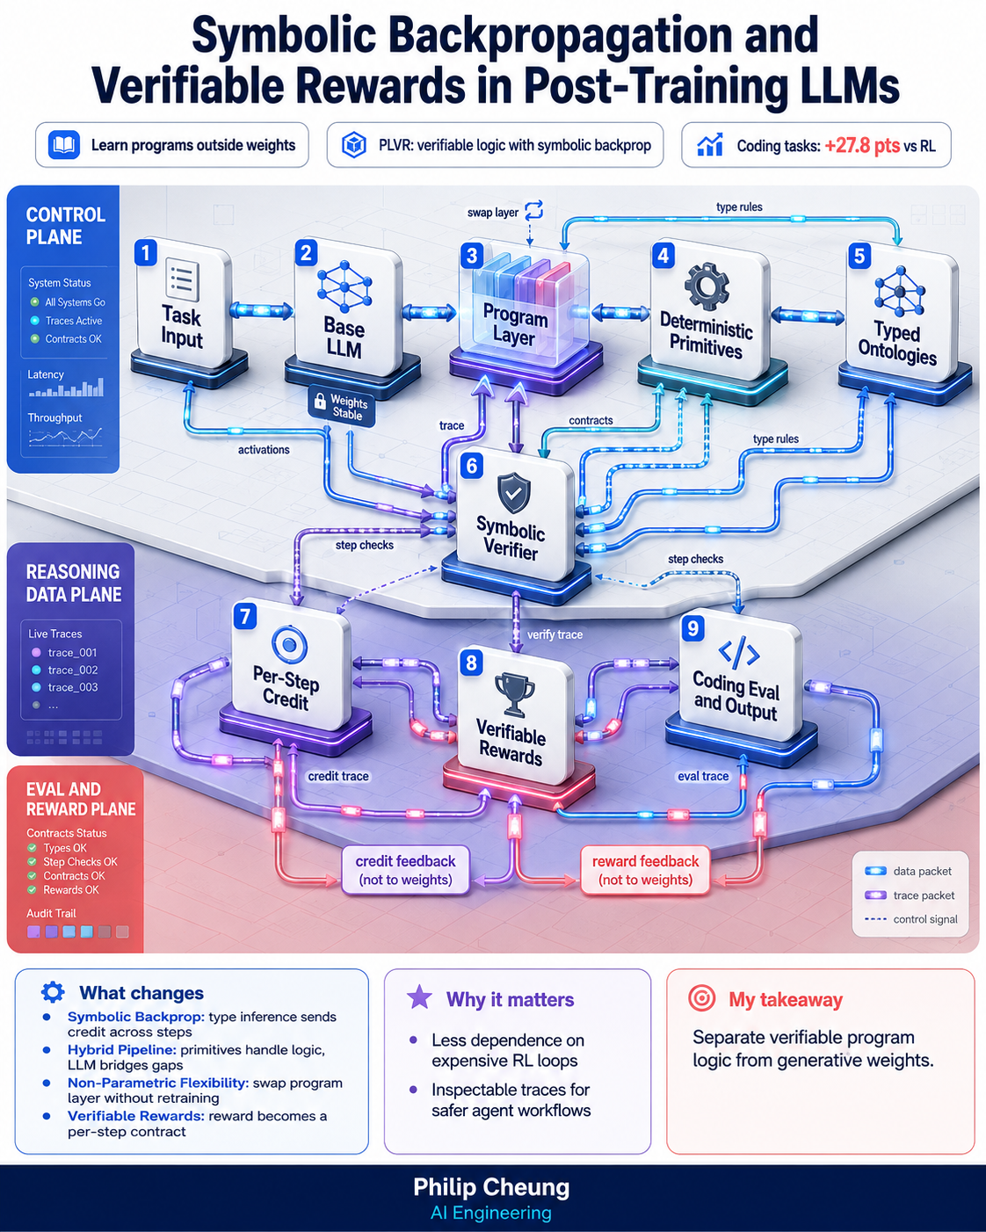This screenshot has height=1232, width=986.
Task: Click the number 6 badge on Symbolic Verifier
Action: tap(472, 466)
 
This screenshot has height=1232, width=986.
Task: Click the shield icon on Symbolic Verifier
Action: tap(514, 493)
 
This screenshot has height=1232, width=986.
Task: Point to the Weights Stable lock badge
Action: tap(342, 405)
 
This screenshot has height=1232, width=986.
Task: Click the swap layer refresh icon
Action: tap(533, 210)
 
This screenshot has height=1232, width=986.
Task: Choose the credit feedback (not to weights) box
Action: tap(405, 870)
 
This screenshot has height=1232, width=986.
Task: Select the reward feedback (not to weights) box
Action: tap(645, 870)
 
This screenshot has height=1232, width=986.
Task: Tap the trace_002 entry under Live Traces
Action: tap(66, 670)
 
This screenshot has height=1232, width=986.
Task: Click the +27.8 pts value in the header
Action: tap(862, 145)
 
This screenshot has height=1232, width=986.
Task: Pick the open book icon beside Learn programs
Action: tap(64, 145)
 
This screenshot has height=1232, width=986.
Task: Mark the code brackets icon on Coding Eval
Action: tap(739, 653)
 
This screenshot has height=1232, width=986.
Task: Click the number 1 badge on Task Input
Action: tap(145, 252)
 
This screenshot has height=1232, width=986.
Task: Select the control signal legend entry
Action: tap(911, 919)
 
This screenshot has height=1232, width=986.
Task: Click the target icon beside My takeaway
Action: tap(702, 998)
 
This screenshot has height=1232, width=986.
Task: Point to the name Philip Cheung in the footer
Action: tap(491, 1187)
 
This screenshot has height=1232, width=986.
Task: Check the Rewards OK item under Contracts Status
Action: tap(63, 889)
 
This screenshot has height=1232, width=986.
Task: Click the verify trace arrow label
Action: tap(555, 634)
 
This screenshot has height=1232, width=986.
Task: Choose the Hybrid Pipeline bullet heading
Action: tap(122, 1049)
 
